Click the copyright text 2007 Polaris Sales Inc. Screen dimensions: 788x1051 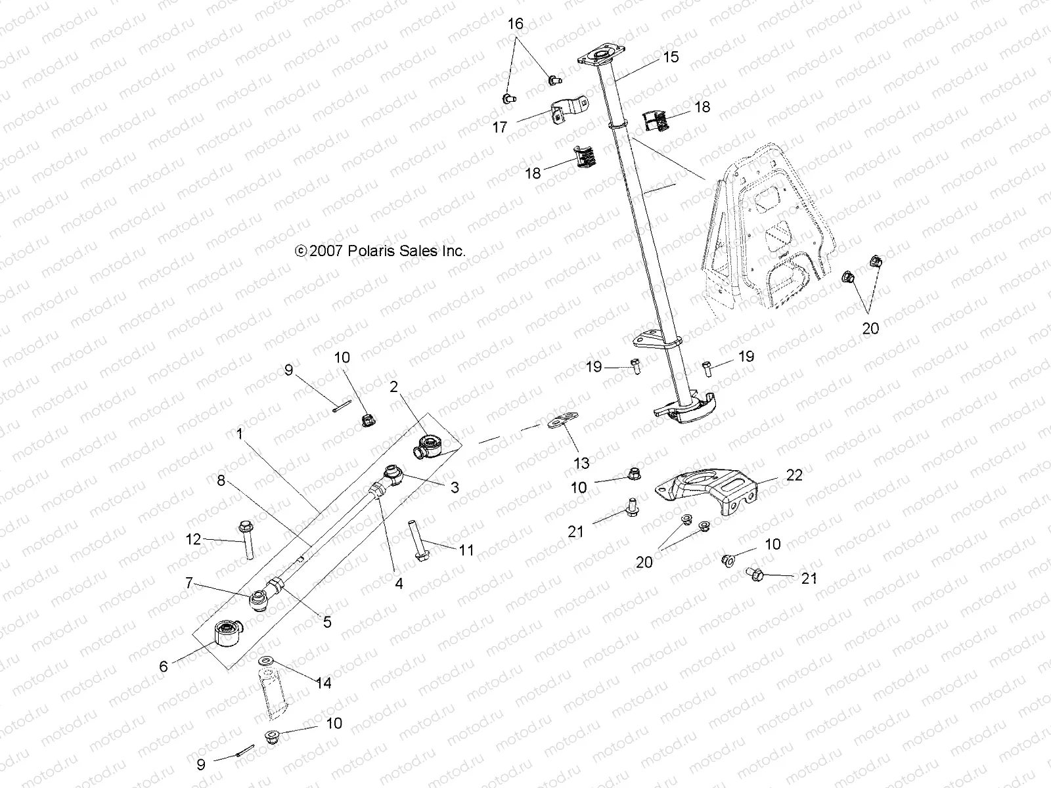(x=380, y=251)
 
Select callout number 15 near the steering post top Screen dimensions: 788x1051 (x=670, y=57)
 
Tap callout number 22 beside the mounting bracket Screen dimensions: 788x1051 (x=794, y=475)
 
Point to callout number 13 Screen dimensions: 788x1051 (x=581, y=464)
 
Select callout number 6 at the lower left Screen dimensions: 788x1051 (x=164, y=666)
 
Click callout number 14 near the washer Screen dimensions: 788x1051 (x=323, y=683)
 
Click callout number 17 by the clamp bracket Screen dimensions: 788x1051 (x=500, y=127)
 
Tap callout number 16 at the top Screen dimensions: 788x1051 (x=516, y=24)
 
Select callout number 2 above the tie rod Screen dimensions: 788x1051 (x=394, y=387)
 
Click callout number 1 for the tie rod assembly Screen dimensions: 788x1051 (x=240, y=434)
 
